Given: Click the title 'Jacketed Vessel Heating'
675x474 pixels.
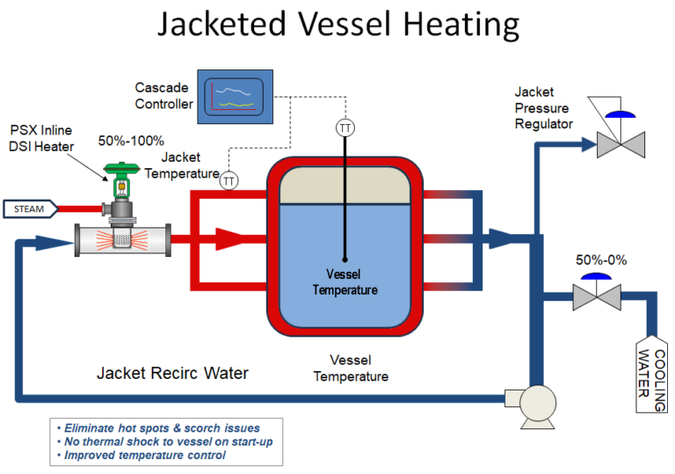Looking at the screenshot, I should click(x=337, y=26).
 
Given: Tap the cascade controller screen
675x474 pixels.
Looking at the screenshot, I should click(x=235, y=95).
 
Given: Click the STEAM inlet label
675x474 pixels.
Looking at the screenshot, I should click(x=30, y=208).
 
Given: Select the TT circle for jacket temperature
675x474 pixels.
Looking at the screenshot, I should click(x=229, y=180).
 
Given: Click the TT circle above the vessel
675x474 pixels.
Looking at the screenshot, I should click(x=345, y=128).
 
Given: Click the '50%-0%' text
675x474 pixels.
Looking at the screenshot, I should click(x=603, y=260).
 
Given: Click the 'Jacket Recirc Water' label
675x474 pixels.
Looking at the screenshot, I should click(x=171, y=373).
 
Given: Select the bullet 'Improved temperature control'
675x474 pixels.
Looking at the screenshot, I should click(x=146, y=455).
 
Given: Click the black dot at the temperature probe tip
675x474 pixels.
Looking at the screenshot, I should click(x=345, y=260).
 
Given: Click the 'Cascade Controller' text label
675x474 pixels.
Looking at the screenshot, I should click(x=164, y=96).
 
